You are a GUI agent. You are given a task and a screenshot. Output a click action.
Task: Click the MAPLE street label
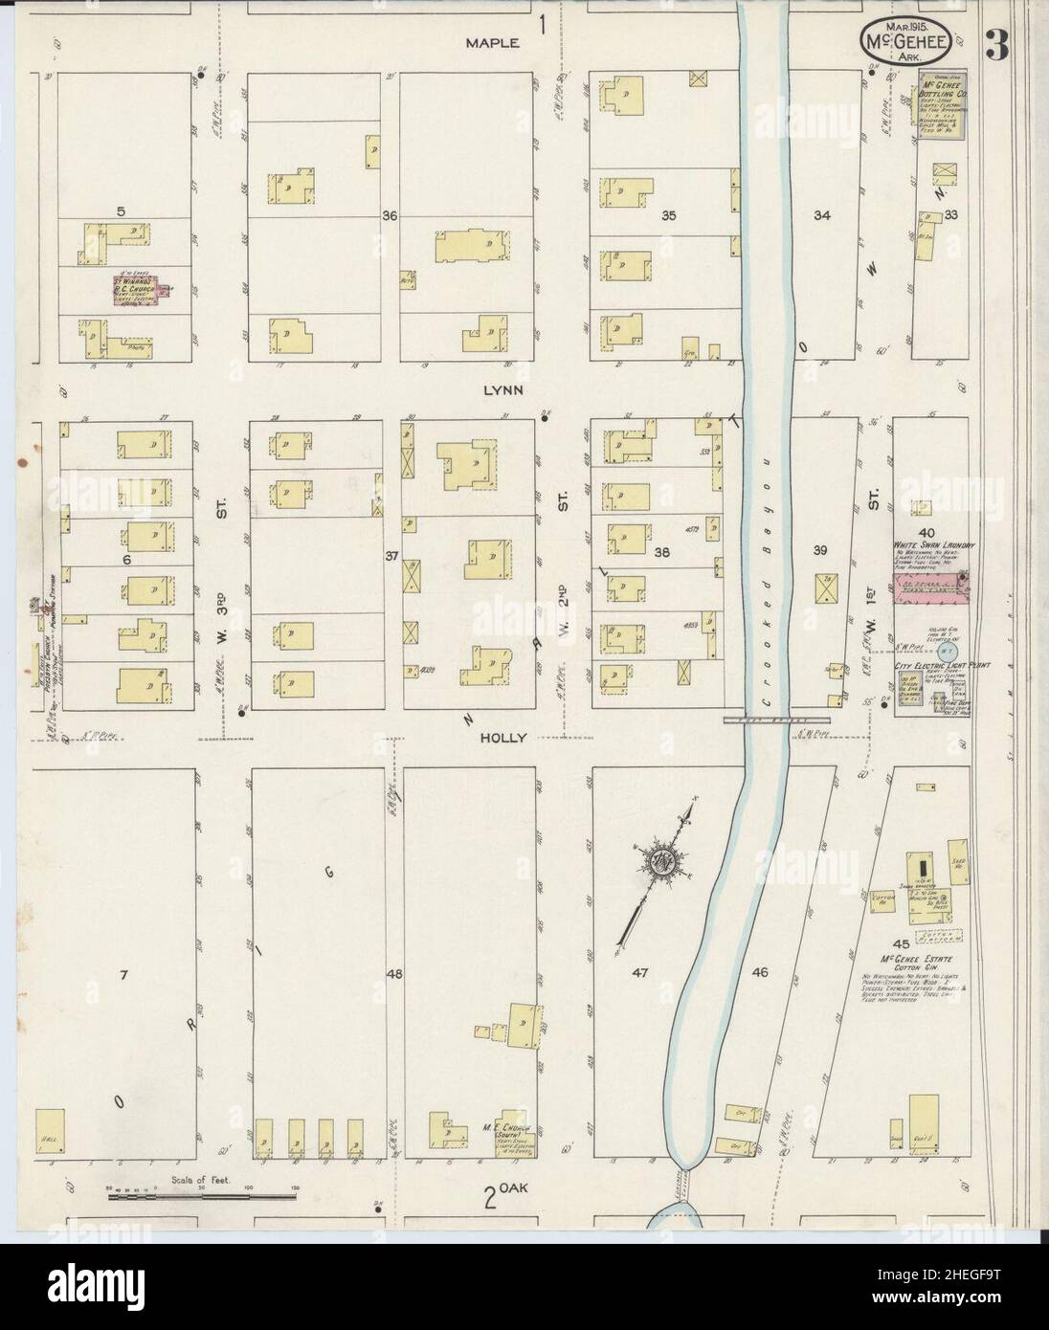pyautogui.click(x=492, y=43)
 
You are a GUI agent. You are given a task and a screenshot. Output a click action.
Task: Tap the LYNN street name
pyautogui.click(x=501, y=391)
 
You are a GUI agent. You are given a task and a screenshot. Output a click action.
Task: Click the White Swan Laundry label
pyautogui.click(x=933, y=546)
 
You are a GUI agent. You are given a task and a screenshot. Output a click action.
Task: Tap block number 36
pyautogui.click(x=389, y=216)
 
